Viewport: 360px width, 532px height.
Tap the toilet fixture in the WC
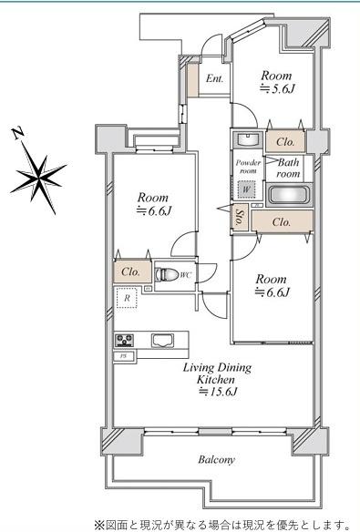click(166, 274)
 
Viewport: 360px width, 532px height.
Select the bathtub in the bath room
click(289, 196)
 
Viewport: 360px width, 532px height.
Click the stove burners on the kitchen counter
click(124, 341)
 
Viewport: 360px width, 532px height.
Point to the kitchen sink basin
click(162, 341)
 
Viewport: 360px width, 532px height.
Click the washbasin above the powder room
click(248, 139)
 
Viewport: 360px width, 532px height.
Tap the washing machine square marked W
click(246, 189)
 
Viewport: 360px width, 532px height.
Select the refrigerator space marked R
click(127, 298)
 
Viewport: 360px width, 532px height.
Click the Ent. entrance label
click(215, 78)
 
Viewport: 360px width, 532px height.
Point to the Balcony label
click(216, 460)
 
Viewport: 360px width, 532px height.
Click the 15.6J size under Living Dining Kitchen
click(218, 392)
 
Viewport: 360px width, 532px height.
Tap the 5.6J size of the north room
click(277, 89)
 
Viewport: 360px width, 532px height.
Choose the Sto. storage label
click(239, 218)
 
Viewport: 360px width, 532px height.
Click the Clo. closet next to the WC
click(132, 271)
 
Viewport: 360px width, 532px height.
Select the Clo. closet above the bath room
click(285, 142)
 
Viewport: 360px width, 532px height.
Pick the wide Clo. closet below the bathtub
click(282, 222)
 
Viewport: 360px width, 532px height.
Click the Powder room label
click(248, 167)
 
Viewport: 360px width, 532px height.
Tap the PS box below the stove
click(124, 356)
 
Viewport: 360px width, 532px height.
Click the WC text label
click(186, 275)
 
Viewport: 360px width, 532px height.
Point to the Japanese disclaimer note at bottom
click(222, 524)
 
